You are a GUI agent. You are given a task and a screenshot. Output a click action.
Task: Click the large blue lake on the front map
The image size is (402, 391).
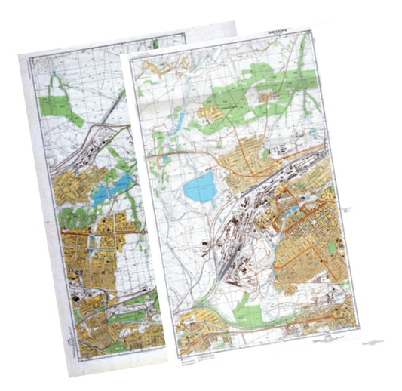[x=199, y=187]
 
